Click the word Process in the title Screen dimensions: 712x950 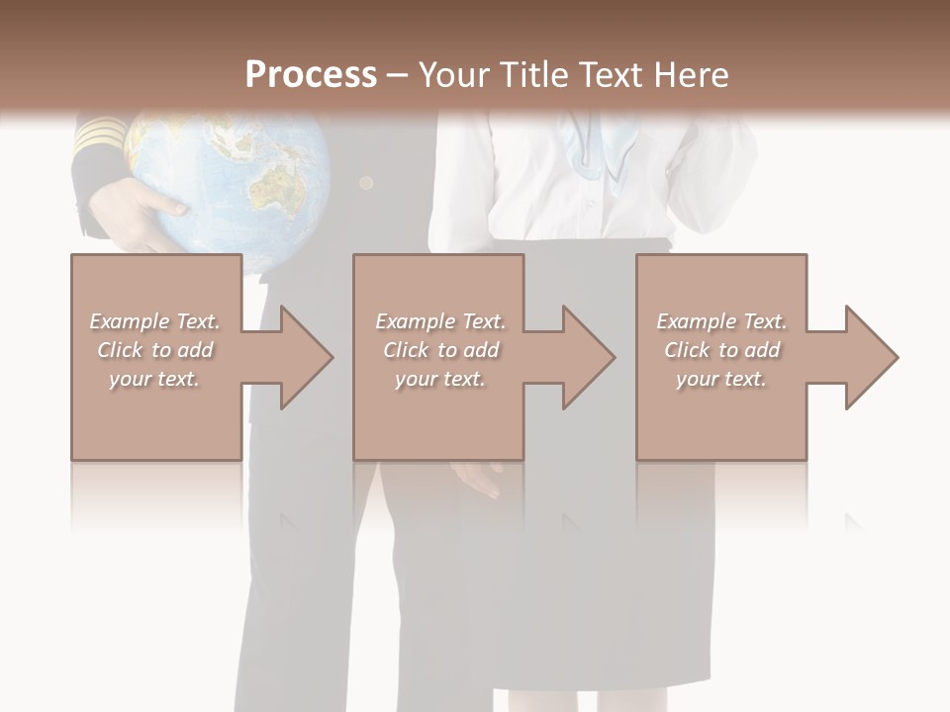(x=311, y=75)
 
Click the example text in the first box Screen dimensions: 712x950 (x=155, y=350)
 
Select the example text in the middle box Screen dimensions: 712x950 (x=440, y=350)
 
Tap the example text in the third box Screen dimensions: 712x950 (x=721, y=350)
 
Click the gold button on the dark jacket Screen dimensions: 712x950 (x=366, y=183)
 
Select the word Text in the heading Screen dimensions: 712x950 (x=607, y=75)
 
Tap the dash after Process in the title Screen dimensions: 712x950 (x=397, y=75)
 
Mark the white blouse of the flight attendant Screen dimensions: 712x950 (x=534, y=198)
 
